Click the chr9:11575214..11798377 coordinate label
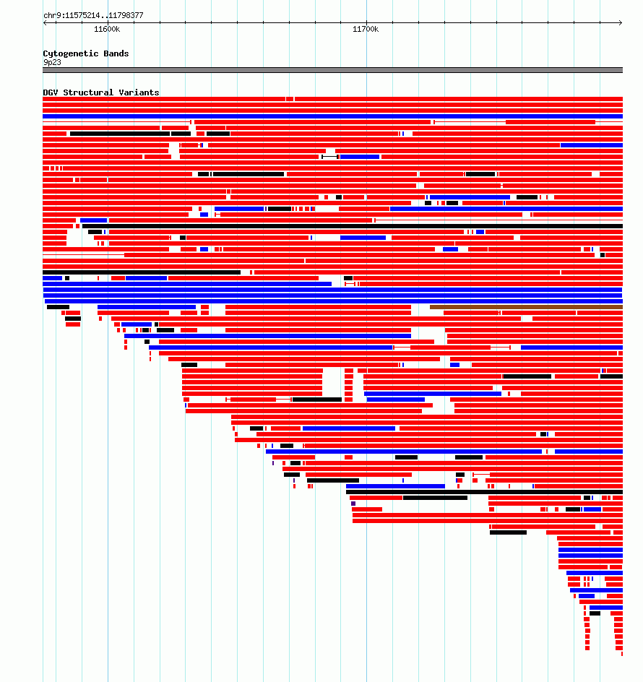(x=93, y=15)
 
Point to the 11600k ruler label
(x=107, y=29)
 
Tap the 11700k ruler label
(x=366, y=29)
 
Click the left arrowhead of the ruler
(x=45, y=22)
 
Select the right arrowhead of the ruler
(x=621, y=22)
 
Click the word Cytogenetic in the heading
(x=71, y=53)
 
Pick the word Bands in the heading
(x=116, y=53)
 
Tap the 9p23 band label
(x=52, y=62)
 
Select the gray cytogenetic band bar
(x=333, y=70)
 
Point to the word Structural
(x=88, y=92)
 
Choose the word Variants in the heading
(x=139, y=92)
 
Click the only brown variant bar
(x=527, y=307)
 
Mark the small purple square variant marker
(x=353, y=504)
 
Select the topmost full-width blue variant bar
(x=333, y=116)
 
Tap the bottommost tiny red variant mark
(x=622, y=654)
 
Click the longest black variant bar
(x=353, y=226)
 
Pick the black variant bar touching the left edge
(x=142, y=272)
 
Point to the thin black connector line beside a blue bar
(x=329, y=157)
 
